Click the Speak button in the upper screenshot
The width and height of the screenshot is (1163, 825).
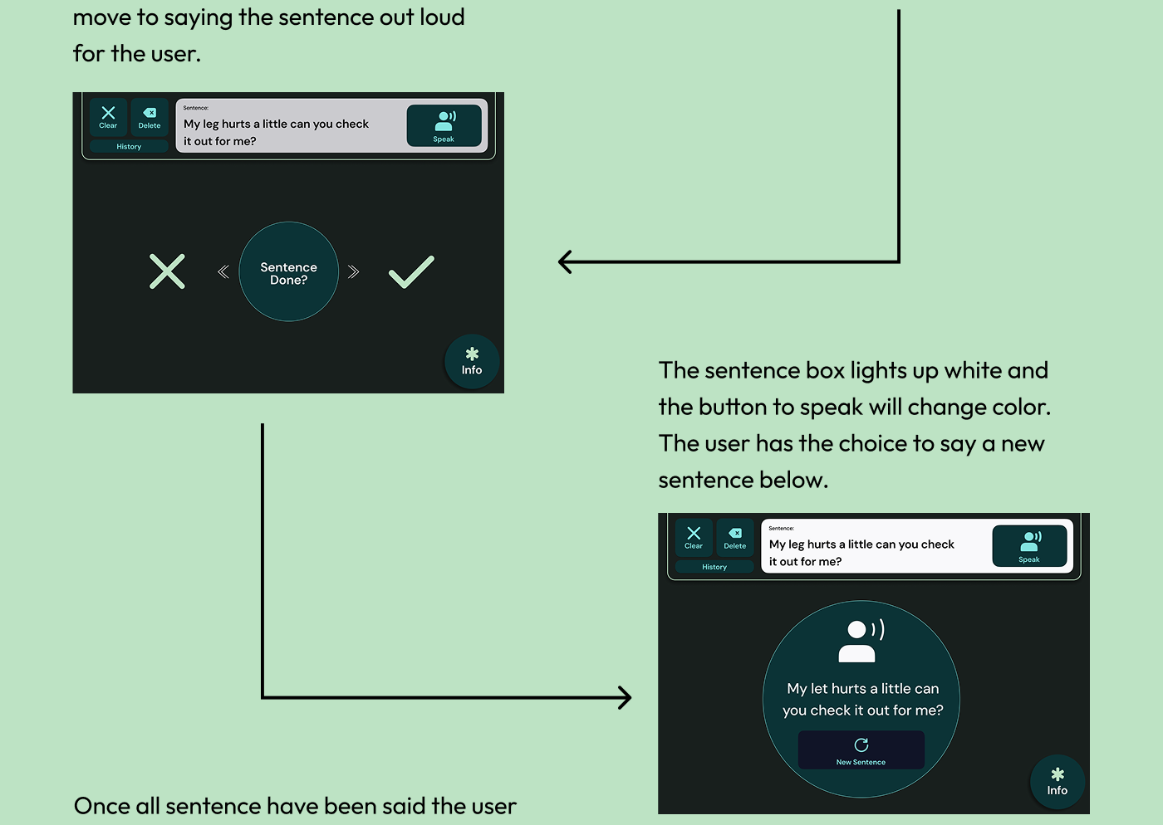coord(444,125)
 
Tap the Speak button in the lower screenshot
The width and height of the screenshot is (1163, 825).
coord(1029,546)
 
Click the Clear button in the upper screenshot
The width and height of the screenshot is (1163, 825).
coord(108,117)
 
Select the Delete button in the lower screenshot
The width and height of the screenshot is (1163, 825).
coord(735,537)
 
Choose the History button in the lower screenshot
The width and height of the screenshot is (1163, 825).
coord(714,567)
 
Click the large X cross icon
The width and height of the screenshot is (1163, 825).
coord(167,271)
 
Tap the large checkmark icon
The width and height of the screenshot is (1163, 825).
coord(411,271)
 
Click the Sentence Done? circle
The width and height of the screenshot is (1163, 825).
coord(288,272)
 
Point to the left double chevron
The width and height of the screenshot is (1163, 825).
coord(223,271)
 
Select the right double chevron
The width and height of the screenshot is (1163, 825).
coord(354,271)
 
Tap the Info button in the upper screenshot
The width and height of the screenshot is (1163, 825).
coord(472,362)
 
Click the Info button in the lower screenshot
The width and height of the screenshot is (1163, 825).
coord(1057,783)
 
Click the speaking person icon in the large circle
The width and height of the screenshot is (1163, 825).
coord(861,641)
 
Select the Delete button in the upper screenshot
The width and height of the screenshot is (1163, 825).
coord(150,117)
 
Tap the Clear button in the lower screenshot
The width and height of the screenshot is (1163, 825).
coord(694,537)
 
